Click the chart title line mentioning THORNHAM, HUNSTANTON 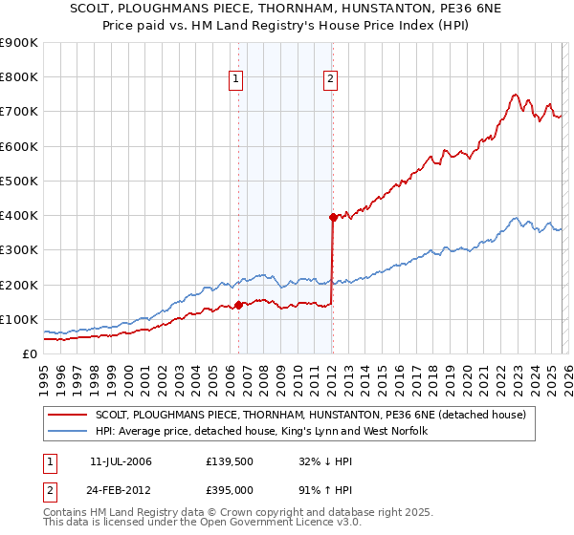[x=287, y=8]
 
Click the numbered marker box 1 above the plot [x=235, y=80]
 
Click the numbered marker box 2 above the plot [x=330, y=80]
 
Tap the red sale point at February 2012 [x=333, y=217]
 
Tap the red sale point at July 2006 [x=238, y=306]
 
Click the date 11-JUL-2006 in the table [x=121, y=461]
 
